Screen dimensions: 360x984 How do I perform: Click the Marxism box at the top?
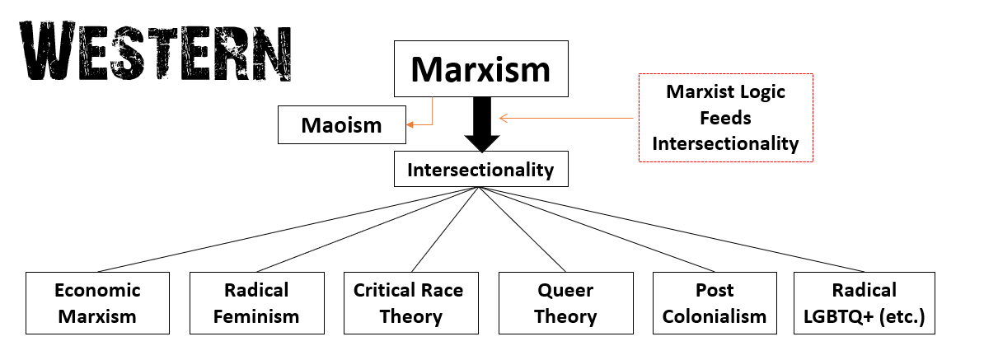(480, 68)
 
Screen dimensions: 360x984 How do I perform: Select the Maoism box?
(340, 125)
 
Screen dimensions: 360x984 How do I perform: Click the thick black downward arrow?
(480, 124)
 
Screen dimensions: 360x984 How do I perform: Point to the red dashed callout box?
(725, 118)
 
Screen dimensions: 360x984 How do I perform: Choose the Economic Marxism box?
(97, 302)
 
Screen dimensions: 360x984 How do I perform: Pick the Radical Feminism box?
(256, 302)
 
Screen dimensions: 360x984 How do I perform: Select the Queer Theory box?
(565, 302)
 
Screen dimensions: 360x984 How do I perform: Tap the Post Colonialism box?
(714, 302)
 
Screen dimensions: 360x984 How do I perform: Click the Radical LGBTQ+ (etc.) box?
(864, 302)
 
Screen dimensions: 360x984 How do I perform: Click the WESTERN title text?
(155, 51)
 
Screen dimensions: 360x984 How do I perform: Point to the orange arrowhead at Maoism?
(408, 125)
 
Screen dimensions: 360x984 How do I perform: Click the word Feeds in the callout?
(725, 118)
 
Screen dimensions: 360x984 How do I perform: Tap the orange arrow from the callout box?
(569, 118)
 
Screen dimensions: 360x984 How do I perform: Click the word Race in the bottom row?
(444, 290)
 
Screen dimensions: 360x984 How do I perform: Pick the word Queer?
(565, 290)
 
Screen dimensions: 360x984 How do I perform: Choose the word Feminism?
(256, 316)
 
